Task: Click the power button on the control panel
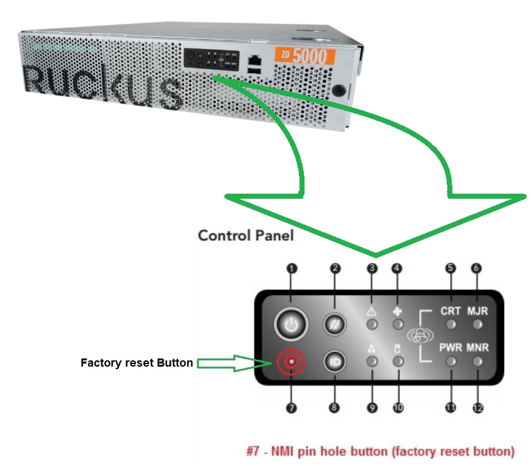(x=290, y=325)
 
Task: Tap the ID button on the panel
(x=335, y=362)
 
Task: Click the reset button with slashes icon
(x=335, y=325)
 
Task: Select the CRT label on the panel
(x=450, y=311)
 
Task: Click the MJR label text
(x=478, y=311)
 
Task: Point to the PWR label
(x=450, y=348)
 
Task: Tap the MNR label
(x=478, y=348)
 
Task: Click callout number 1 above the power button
(x=291, y=268)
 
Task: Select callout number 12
(x=478, y=408)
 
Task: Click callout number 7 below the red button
(x=291, y=408)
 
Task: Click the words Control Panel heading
(x=245, y=235)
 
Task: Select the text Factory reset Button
(x=137, y=363)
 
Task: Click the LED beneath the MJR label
(x=478, y=325)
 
